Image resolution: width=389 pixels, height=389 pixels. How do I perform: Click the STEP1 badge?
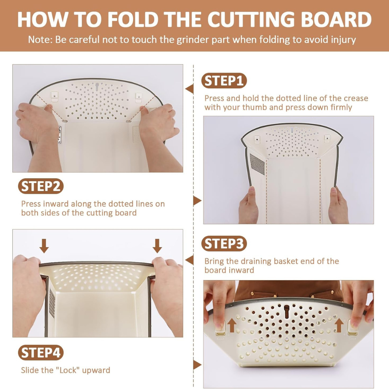coord(224,81)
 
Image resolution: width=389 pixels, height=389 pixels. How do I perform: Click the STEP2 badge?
coord(41,187)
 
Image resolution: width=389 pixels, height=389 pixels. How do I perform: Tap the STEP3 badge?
coord(224,244)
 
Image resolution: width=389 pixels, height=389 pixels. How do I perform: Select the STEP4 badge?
coord(41,353)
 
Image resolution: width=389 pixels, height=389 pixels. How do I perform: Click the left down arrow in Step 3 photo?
coord(44,246)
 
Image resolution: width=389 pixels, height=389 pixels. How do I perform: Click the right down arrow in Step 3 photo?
coord(157,246)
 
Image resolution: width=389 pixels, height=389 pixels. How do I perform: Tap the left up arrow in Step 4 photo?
coord(232,325)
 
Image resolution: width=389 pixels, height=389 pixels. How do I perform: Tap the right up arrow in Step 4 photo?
coord(339,325)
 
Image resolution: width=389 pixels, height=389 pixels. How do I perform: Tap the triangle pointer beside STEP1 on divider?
coord(189,89)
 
